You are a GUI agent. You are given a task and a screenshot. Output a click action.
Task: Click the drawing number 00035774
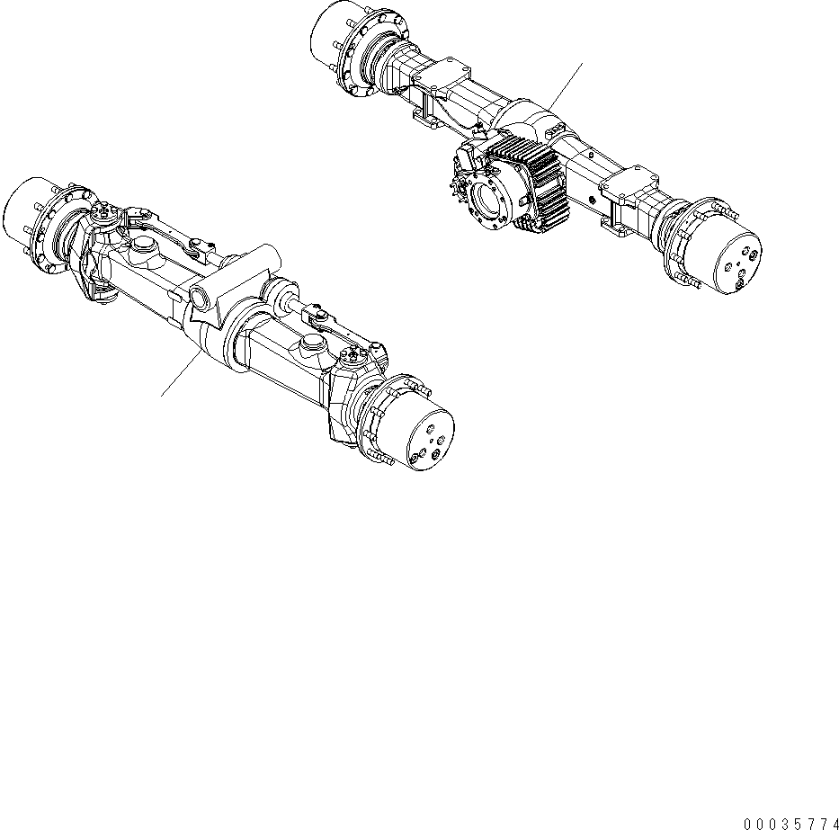click(791, 822)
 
